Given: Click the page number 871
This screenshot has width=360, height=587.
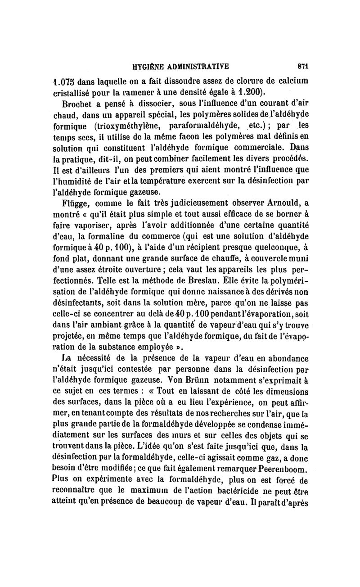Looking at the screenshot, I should tap(302, 66).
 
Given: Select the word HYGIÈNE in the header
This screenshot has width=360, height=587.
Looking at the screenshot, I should tap(151, 66).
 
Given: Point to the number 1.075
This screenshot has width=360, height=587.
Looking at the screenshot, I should tap(64, 82).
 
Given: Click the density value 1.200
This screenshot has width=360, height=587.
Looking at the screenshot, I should tap(248, 93).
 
